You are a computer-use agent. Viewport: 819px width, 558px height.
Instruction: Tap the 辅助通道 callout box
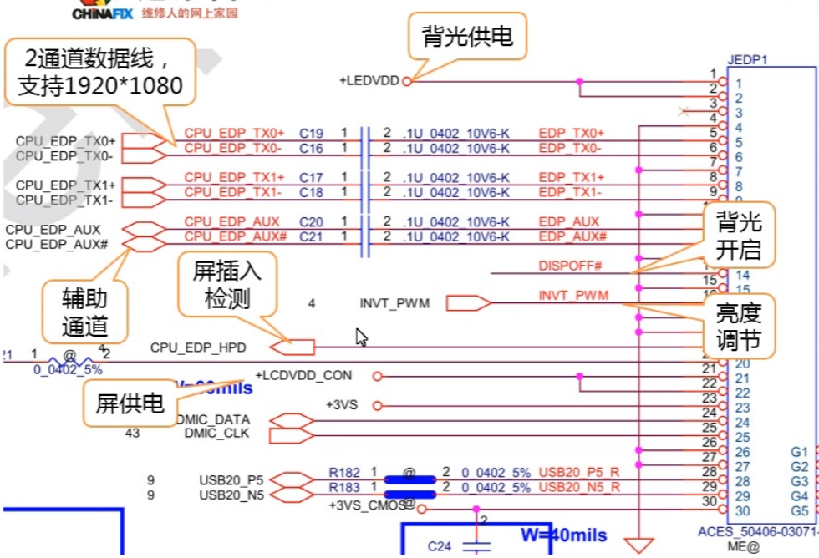(x=85, y=311)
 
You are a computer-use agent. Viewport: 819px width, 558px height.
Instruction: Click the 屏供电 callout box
(x=130, y=404)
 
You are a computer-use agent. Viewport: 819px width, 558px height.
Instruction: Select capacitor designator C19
(x=311, y=133)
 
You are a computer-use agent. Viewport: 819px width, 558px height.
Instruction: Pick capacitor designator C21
(x=311, y=236)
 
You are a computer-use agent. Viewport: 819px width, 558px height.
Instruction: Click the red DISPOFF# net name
(x=570, y=266)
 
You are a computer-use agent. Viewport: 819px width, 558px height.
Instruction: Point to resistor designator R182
(x=344, y=473)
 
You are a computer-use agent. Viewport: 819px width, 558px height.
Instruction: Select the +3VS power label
(x=342, y=405)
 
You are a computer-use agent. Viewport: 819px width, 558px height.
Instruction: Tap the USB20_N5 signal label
(x=231, y=495)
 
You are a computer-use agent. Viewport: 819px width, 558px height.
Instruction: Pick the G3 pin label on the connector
(x=799, y=481)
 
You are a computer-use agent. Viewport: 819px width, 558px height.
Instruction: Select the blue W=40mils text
(x=564, y=535)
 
